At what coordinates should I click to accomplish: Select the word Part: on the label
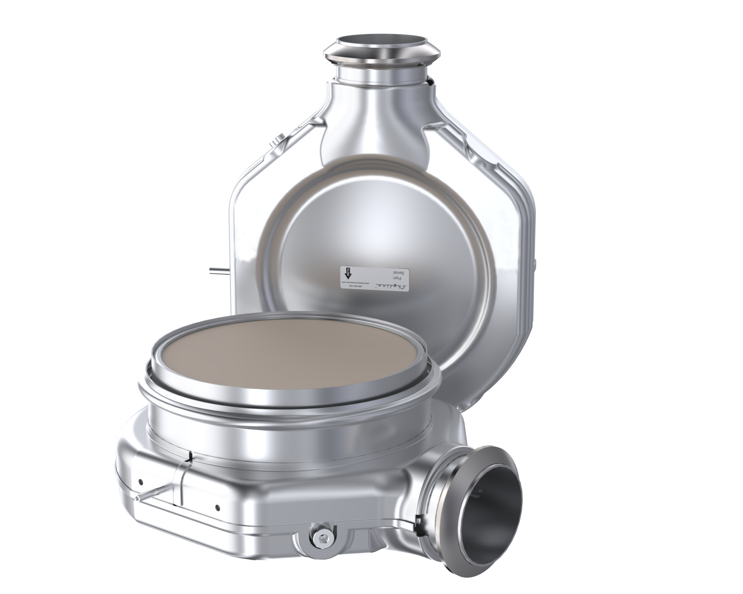click(397, 278)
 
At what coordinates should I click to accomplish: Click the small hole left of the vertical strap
click(141, 481)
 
